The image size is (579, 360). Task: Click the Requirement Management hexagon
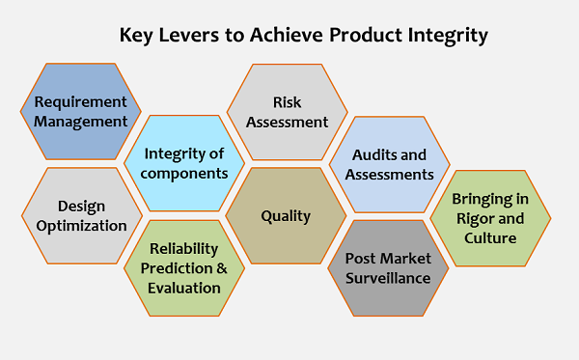point(81,112)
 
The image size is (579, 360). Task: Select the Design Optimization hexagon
point(81,215)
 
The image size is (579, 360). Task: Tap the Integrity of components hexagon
point(185,163)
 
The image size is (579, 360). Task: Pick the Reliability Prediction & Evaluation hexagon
point(185,268)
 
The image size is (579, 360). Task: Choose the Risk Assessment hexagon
point(287,112)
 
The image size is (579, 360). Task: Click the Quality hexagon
point(287,215)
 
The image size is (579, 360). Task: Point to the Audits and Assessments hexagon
point(391,164)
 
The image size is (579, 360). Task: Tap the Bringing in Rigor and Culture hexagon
point(491,218)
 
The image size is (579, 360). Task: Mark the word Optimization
point(81,226)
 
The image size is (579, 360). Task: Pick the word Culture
point(490,237)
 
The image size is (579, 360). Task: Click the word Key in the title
point(136,36)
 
